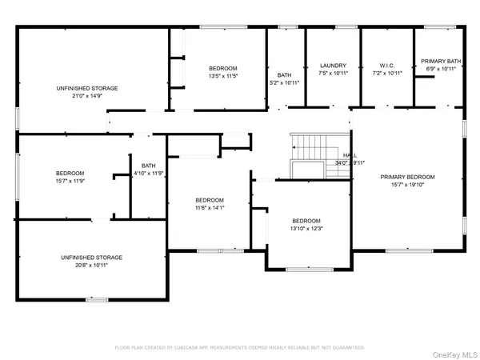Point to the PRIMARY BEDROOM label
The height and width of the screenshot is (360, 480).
coord(407,177)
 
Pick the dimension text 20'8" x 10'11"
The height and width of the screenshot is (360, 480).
coord(91,265)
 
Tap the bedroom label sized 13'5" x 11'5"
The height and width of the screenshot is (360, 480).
coord(222,69)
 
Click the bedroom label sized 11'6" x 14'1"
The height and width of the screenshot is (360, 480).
coord(210,200)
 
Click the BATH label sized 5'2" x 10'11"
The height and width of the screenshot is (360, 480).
coord(284,75)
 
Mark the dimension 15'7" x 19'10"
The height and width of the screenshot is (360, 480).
coord(407,185)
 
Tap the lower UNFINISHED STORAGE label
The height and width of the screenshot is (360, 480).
coord(91,257)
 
